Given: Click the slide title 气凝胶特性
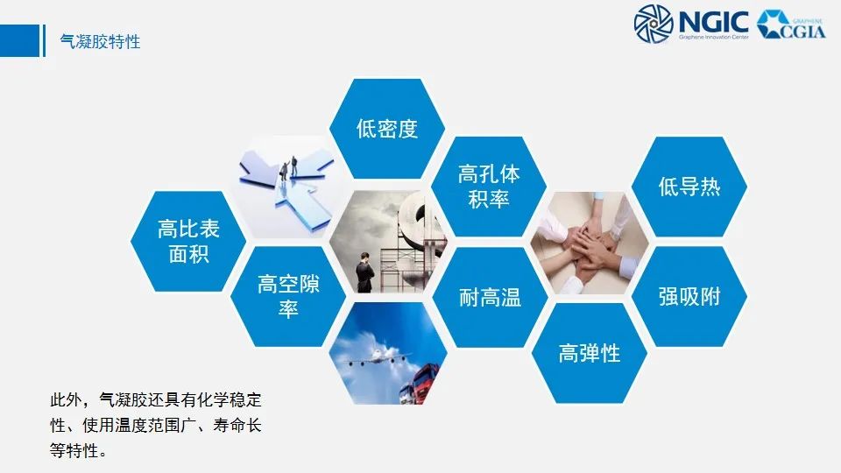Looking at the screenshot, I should click(99, 41).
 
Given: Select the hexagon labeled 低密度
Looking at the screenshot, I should click(387, 129).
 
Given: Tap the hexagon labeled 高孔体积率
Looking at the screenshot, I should click(489, 187).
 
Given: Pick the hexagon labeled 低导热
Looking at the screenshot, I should click(689, 186).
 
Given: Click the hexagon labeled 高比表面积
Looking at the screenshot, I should click(188, 241).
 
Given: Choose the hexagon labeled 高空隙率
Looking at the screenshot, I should click(288, 296).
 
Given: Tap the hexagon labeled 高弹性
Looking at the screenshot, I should click(589, 353).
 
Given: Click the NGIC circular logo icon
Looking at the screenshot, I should click(654, 24).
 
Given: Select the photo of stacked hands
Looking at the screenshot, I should click(589, 243).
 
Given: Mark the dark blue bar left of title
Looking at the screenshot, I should click(44, 40).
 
